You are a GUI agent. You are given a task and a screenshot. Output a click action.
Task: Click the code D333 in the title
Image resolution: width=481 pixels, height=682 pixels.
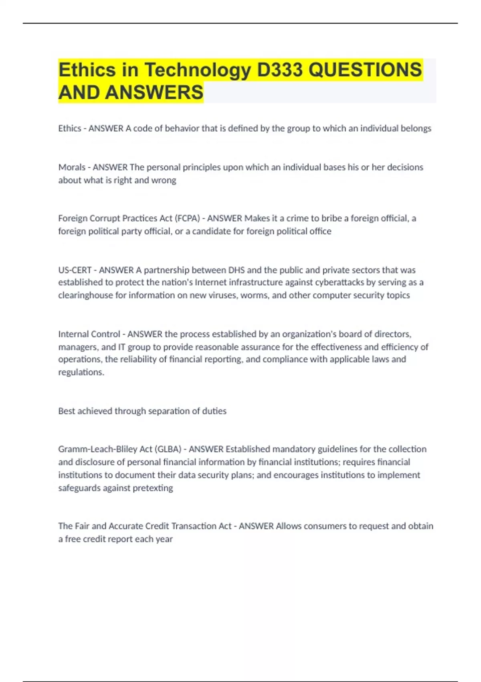280,70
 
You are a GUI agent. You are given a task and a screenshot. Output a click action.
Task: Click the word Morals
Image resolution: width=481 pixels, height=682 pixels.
72,167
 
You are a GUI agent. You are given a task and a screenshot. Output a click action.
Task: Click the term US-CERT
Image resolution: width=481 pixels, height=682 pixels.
75,270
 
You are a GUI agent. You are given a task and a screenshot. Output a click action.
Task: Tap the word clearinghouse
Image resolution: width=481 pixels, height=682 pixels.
85,295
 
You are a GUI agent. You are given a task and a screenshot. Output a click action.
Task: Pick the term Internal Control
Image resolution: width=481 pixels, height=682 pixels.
89,334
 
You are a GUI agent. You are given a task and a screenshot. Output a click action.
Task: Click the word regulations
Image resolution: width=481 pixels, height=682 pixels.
81,372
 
